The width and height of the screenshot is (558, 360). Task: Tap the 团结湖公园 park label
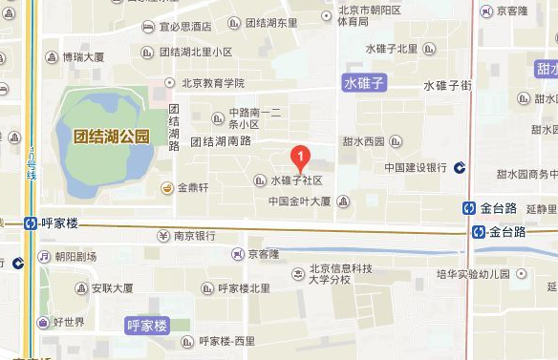pyautogui.click(x=112, y=137)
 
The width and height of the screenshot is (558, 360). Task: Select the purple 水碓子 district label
pyautogui.click(x=364, y=84)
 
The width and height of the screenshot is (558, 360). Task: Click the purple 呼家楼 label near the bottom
pyautogui.click(x=147, y=326)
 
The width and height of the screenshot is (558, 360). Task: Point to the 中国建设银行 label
pyautogui.click(x=416, y=167)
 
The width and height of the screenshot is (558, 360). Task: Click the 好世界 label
pyautogui.click(x=70, y=322)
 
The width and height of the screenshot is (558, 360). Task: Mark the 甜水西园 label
pyautogui.click(x=365, y=142)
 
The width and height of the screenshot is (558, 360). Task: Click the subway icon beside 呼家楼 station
pyautogui.click(x=32, y=222)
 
